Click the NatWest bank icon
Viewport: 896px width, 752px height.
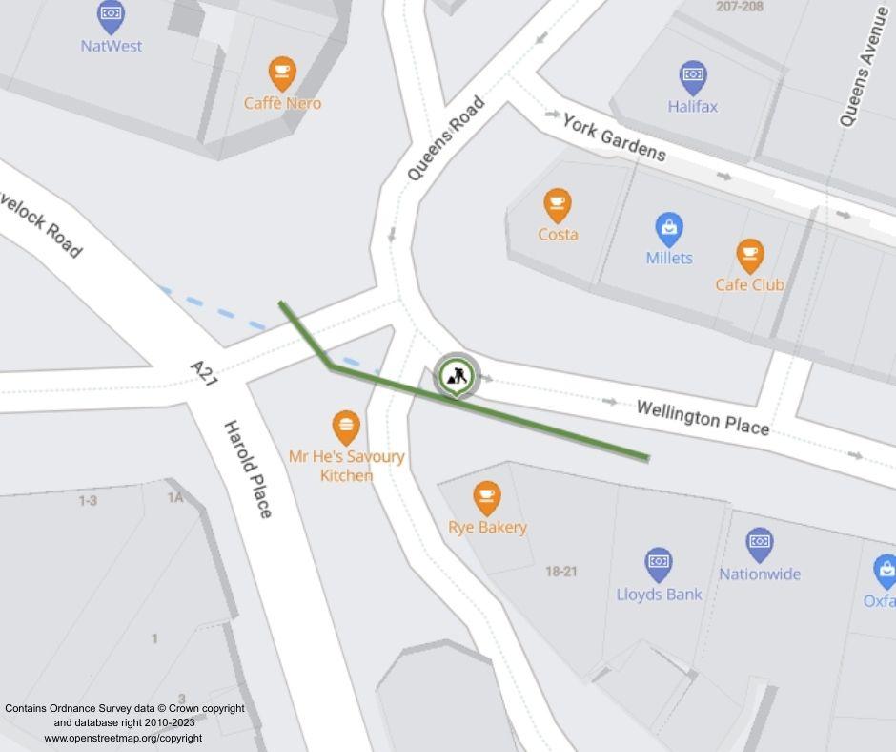point(112,14)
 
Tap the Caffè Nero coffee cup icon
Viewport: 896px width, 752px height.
point(281,73)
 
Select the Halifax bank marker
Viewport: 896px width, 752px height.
point(693,76)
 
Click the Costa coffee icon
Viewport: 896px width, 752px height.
point(558,204)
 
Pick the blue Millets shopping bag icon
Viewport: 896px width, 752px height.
point(669,228)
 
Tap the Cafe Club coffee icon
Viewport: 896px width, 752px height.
point(750,255)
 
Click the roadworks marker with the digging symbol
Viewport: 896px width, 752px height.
point(458,374)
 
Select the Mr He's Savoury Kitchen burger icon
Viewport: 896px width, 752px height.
point(346,427)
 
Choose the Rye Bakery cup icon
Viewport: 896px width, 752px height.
point(487,497)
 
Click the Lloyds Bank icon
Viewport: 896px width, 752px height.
point(659,564)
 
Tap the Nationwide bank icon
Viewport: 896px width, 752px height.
point(759,544)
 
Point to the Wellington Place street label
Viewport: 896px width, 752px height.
point(703,418)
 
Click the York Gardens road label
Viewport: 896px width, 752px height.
point(614,137)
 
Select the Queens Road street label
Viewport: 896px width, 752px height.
point(445,139)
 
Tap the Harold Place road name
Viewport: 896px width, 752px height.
point(248,469)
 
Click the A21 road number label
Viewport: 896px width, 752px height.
point(204,372)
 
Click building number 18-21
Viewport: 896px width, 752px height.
point(561,572)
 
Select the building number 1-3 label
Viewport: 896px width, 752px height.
point(88,500)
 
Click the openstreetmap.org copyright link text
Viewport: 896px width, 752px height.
point(123,738)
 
